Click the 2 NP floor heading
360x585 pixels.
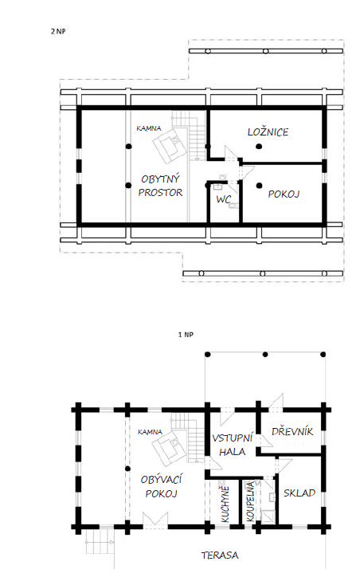[58, 31]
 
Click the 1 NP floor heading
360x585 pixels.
[186, 335]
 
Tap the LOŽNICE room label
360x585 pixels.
[268, 132]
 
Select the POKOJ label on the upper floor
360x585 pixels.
[284, 194]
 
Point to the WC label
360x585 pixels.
[224, 199]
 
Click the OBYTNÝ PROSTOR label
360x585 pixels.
[161, 186]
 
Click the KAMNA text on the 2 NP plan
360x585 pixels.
[149, 128]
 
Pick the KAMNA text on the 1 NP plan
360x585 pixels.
[151, 432]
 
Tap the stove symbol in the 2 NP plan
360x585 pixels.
[169, 146]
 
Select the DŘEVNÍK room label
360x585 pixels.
[292, 432]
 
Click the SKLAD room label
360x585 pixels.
[299, 493]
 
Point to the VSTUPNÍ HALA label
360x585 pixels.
[233, 445]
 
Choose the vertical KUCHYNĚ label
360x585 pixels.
[225, 504]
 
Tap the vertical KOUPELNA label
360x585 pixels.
[249, 501]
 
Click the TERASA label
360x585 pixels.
[220, 556]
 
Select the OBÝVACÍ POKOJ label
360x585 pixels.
[161, 487]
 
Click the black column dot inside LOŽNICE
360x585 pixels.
[259, 147]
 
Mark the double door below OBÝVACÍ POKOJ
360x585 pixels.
[155, 520]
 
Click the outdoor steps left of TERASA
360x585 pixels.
[100, 542]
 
